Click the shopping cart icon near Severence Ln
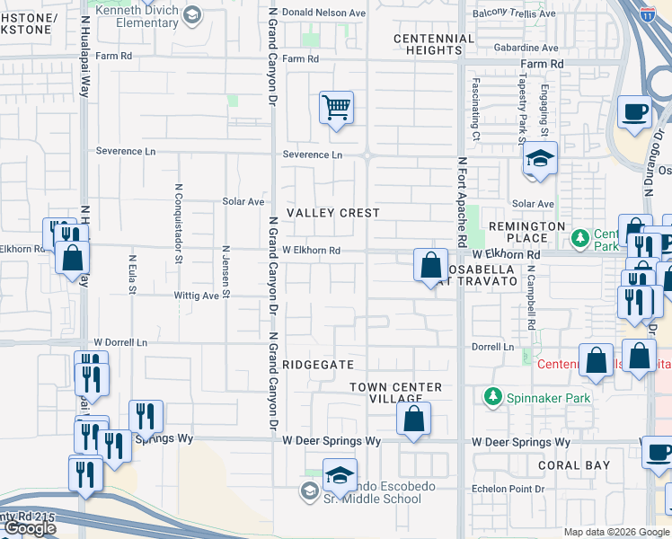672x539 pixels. (336, 109)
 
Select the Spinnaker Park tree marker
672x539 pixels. (492, 395)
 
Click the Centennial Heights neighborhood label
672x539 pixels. (434, 44)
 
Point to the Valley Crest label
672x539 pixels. (332, 213)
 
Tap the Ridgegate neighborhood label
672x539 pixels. (313, 365)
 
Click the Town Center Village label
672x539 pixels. (395, 393)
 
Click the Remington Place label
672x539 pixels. (527, 232)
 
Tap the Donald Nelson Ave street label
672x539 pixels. (324, 13)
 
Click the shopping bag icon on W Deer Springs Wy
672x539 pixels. (413, 419)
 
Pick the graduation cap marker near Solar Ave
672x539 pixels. (540, 159)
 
